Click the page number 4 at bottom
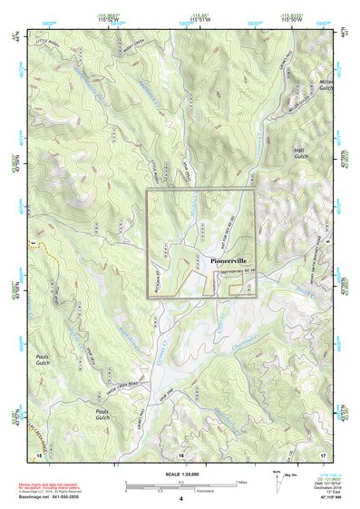[x=180, y=499]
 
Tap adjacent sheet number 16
[x=180, y=453]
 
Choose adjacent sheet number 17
[x=323, y=453]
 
